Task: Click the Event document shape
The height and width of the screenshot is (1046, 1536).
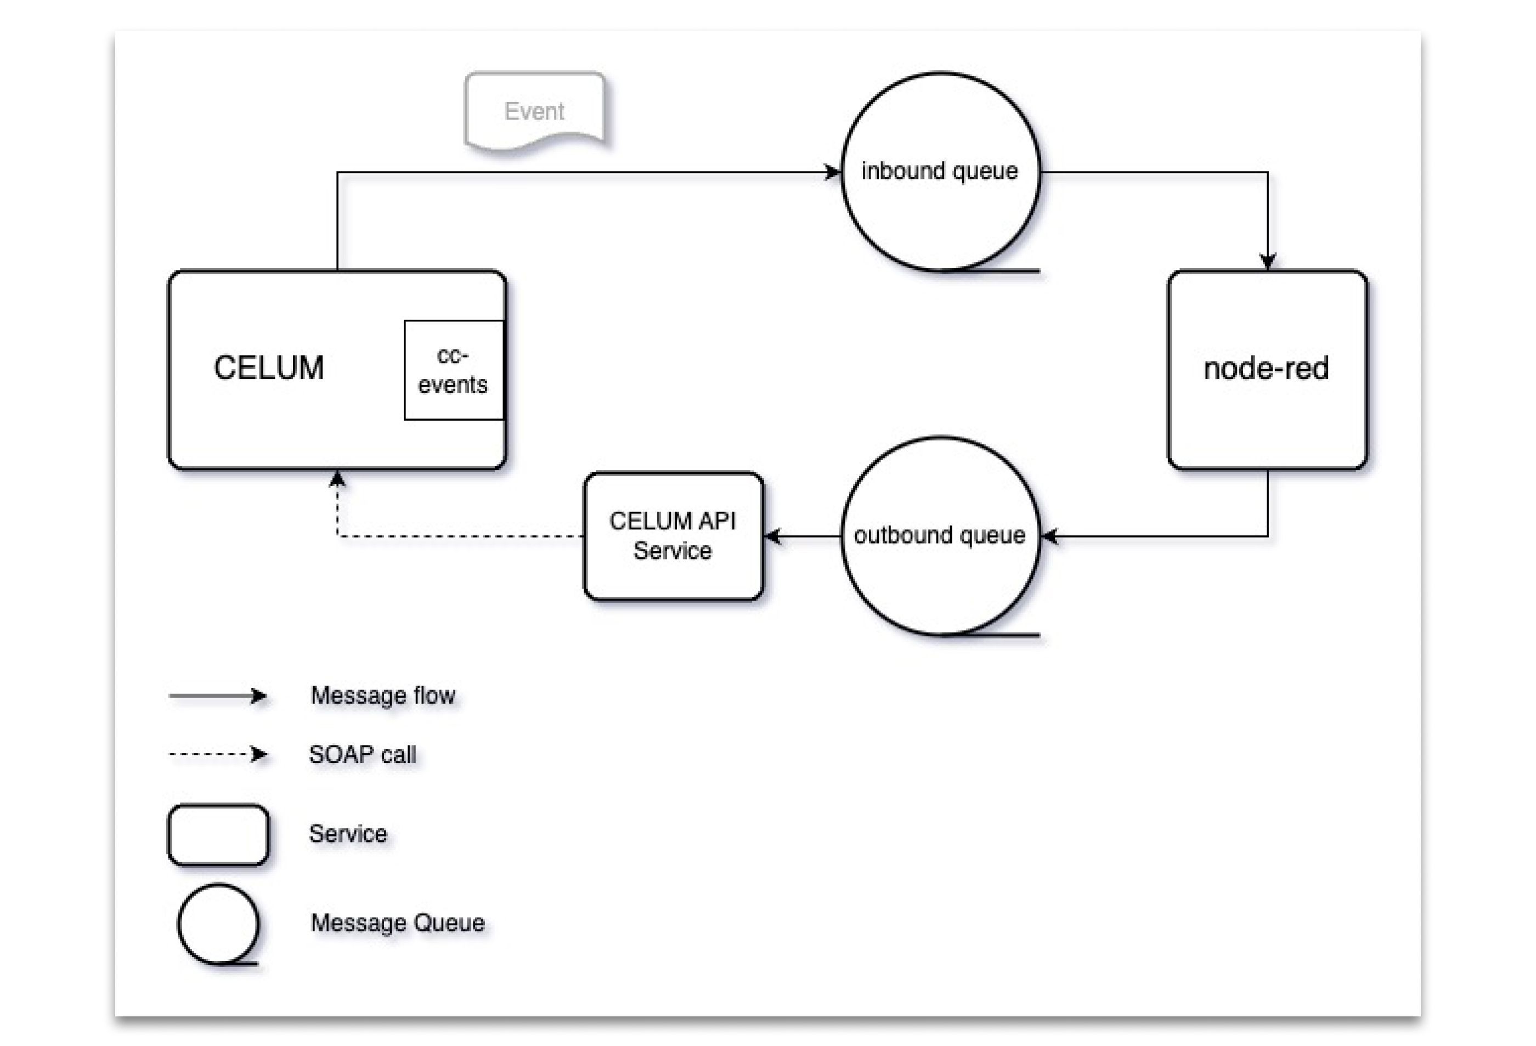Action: (535, 111)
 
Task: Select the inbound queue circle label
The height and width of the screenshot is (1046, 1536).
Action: (939, 171)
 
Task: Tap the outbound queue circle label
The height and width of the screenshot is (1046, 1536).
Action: (939, 535)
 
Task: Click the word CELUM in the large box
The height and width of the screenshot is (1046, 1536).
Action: (268, 367)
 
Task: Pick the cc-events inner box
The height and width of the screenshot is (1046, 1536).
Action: (454, 370)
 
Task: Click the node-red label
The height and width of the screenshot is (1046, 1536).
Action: (1266, 368)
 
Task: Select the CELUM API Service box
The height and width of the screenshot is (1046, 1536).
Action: (673, 536)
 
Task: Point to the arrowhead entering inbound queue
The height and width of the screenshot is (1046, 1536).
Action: (833, 172)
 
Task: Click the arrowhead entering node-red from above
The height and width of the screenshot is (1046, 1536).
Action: (1267, 262)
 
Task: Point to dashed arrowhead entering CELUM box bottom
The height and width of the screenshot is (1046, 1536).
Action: (338, 479)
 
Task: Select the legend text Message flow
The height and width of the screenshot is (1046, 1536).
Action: (383, 695)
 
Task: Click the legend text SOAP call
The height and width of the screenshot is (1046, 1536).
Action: (362, 754)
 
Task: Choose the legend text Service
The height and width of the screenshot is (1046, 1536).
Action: (348, 833)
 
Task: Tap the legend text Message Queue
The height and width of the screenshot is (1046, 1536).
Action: (397, 923)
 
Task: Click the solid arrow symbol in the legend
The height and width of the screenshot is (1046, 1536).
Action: (218, 696)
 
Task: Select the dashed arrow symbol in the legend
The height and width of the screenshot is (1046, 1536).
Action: (218, 754)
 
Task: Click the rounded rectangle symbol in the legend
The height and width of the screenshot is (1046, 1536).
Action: (218, 835)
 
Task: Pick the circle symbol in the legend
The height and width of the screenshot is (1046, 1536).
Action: (218, 924)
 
